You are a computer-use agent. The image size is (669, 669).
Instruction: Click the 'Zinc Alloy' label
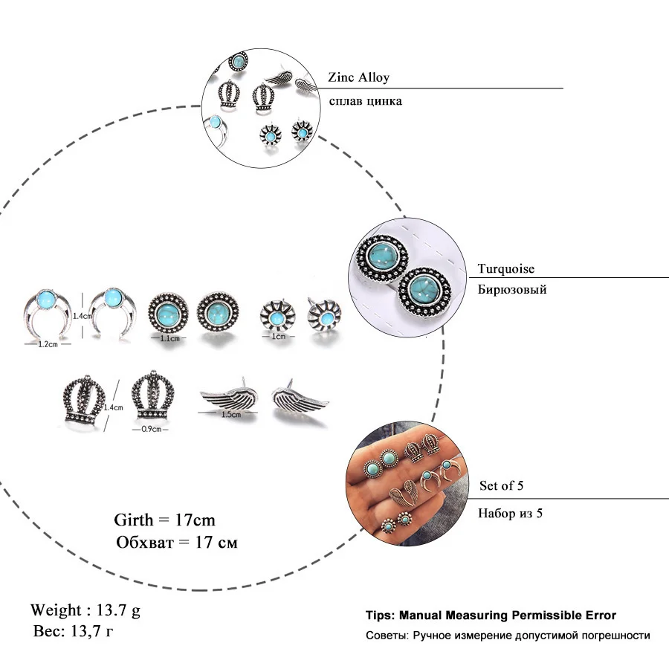click(358, 77)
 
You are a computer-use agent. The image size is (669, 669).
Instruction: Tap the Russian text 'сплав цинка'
click(365, 101)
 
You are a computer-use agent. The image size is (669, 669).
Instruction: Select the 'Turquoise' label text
click(505, 268)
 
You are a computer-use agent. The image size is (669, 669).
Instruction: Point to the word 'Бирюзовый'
click(512, 289)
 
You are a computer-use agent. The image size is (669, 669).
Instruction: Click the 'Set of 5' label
click(501, 485)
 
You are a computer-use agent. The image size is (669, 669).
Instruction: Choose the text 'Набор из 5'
click(510, 513)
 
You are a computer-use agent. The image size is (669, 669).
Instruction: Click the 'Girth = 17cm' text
click(165, 520)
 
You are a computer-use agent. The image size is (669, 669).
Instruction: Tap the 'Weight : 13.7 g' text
click(85, 610)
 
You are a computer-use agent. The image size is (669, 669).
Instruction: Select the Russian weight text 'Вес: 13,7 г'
click(74, 630)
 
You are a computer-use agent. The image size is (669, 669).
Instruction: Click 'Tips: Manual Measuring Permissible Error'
click(491, 615)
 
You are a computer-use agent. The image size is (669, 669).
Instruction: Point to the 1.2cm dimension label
click(48, 344)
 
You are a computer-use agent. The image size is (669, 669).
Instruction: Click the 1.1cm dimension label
click(169, 338)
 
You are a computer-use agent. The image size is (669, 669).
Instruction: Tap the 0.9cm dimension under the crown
click(152, 429)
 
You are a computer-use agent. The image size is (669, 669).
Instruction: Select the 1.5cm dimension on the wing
click(231, 414)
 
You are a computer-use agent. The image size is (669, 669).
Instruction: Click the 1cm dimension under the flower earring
click(279, 336)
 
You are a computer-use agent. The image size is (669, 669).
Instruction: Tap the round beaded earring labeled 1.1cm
click(168, 313)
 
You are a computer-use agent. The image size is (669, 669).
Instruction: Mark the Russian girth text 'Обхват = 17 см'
click(177, 543)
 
